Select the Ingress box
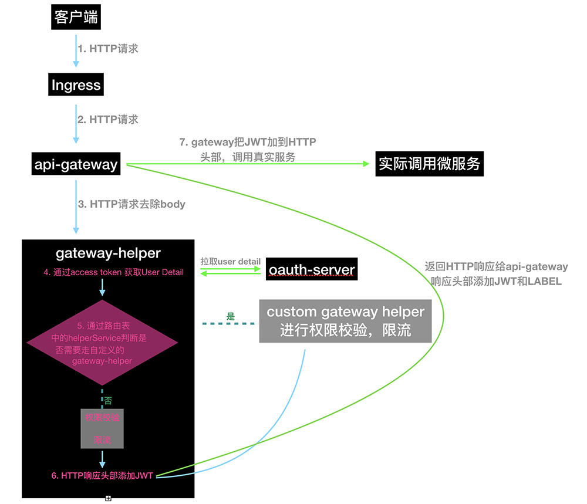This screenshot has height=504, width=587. tap(76, 85)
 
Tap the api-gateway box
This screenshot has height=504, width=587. tap(76, 164)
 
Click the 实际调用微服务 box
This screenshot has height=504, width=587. tap(429, 164)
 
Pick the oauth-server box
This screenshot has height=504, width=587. tap(311, 270)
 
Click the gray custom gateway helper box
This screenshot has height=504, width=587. tap(345, 321)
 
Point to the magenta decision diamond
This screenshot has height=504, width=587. tap(103, 343)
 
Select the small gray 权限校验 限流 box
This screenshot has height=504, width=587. tap(102, 428)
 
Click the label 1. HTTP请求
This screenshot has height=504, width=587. tap(108, 49)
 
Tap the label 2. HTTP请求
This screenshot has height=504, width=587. tap(108, 119)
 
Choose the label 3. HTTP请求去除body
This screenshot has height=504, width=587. tap(131, 204)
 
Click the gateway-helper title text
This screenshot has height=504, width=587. tap(108, 253)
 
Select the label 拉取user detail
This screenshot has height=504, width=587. tap(230, 261)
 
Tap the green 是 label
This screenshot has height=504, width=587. tap(230, 316)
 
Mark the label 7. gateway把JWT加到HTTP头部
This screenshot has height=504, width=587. tap(247, 149)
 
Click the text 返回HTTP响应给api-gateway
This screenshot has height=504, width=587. tap(496, 266)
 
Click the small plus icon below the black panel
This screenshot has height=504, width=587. tap(108, 498)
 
